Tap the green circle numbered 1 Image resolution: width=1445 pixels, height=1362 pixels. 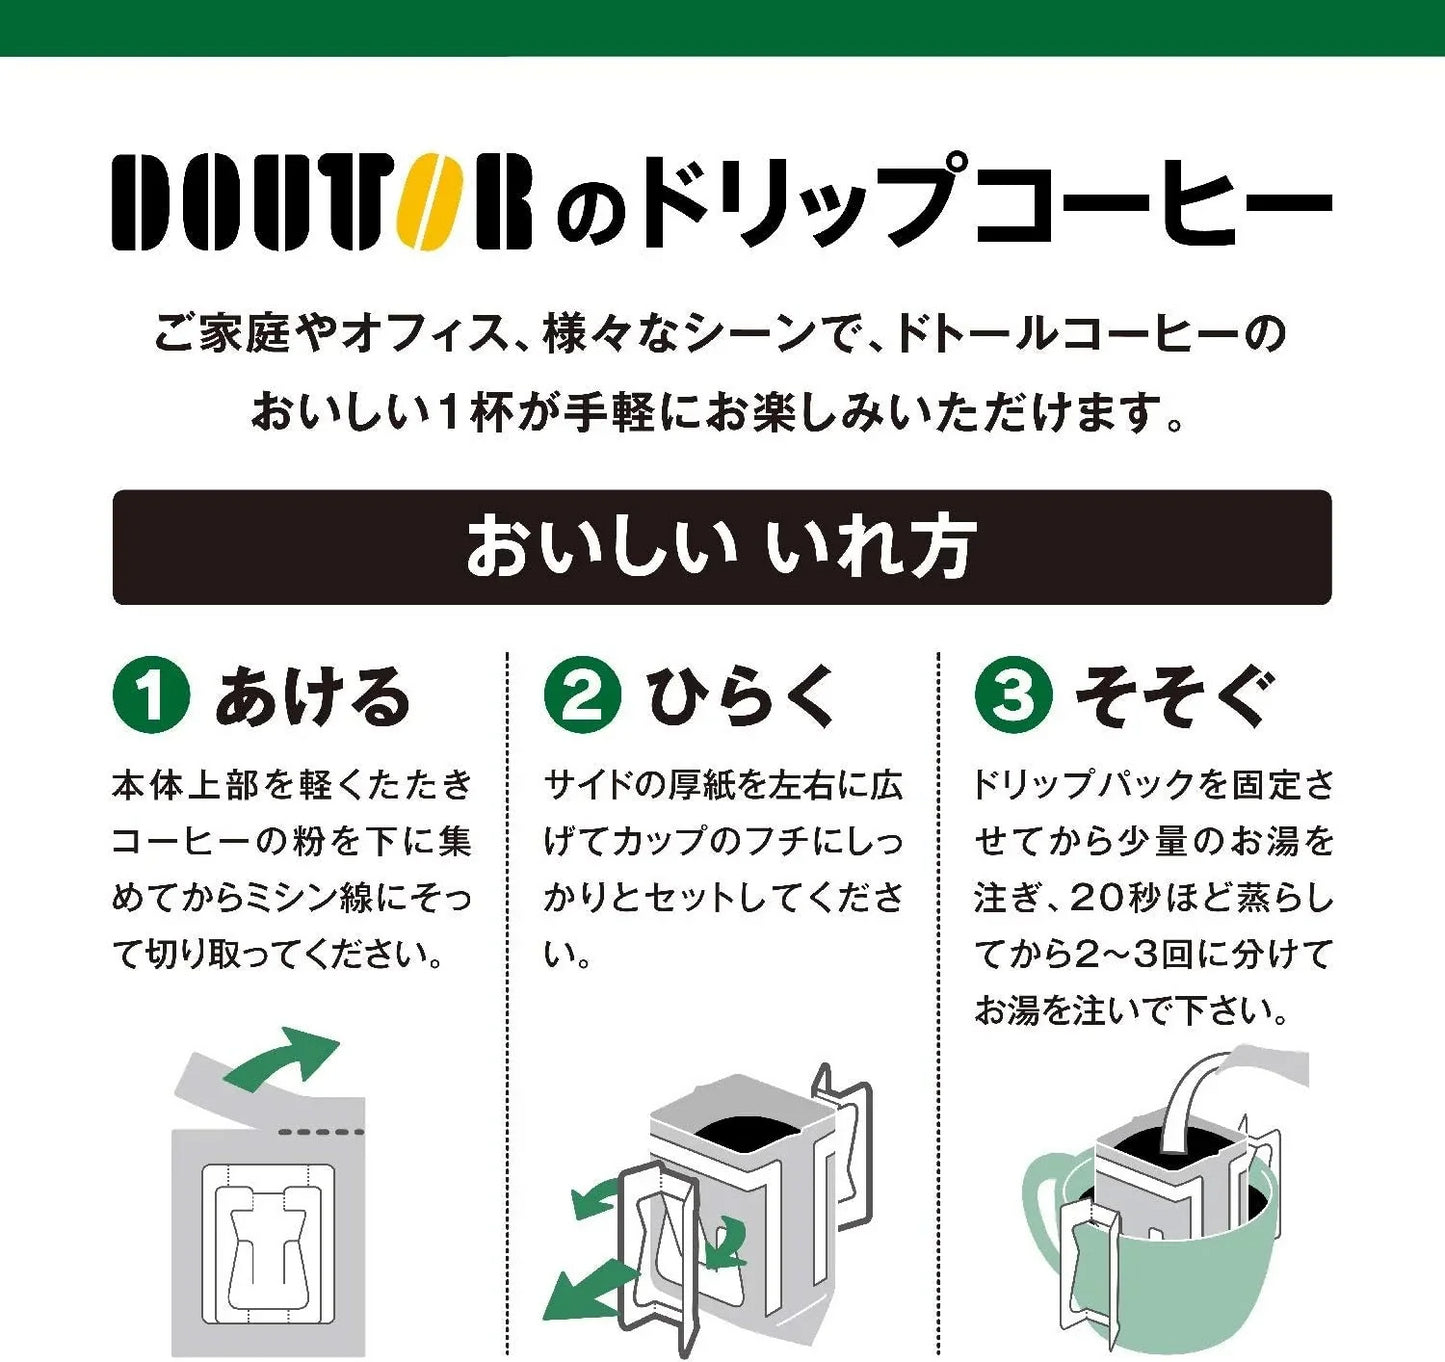pos(151,694)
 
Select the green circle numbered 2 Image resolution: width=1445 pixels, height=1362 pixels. pos(582,694)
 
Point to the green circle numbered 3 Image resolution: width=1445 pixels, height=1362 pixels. pos(1013,694)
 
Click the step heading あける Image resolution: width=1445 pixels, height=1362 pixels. pos(313,696)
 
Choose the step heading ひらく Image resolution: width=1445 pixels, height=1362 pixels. pos(741,696)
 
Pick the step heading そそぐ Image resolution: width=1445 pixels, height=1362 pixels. pos(1176,696)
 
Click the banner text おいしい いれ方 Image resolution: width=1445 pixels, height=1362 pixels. pos(720,547)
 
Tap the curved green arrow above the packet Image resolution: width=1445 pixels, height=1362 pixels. pos(284,1060)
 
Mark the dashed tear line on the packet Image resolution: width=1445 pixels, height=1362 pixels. pos(321,1132)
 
